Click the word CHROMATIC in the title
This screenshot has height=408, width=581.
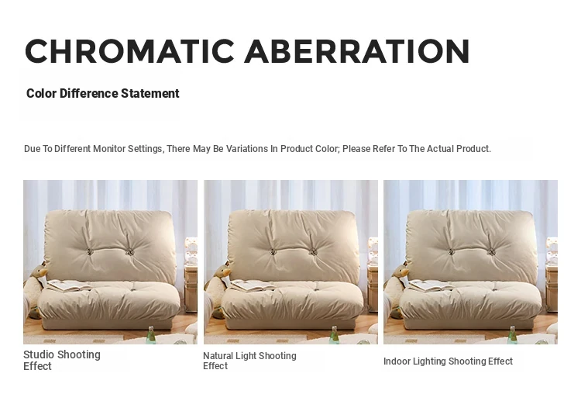[129, 51]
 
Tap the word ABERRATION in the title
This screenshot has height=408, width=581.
[357, 51]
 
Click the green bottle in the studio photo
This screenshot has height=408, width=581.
[151, 335]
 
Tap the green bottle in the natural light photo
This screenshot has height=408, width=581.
[334, 335]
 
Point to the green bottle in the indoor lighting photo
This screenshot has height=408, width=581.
[513, 335]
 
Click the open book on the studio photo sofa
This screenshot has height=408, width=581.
[68, 285]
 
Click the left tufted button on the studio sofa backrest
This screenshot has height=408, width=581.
[89, 252]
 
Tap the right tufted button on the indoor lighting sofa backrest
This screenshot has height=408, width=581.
[492, 253]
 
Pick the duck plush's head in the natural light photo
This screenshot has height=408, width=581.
[223, 271]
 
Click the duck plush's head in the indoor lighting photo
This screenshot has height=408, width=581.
[401, 271]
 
